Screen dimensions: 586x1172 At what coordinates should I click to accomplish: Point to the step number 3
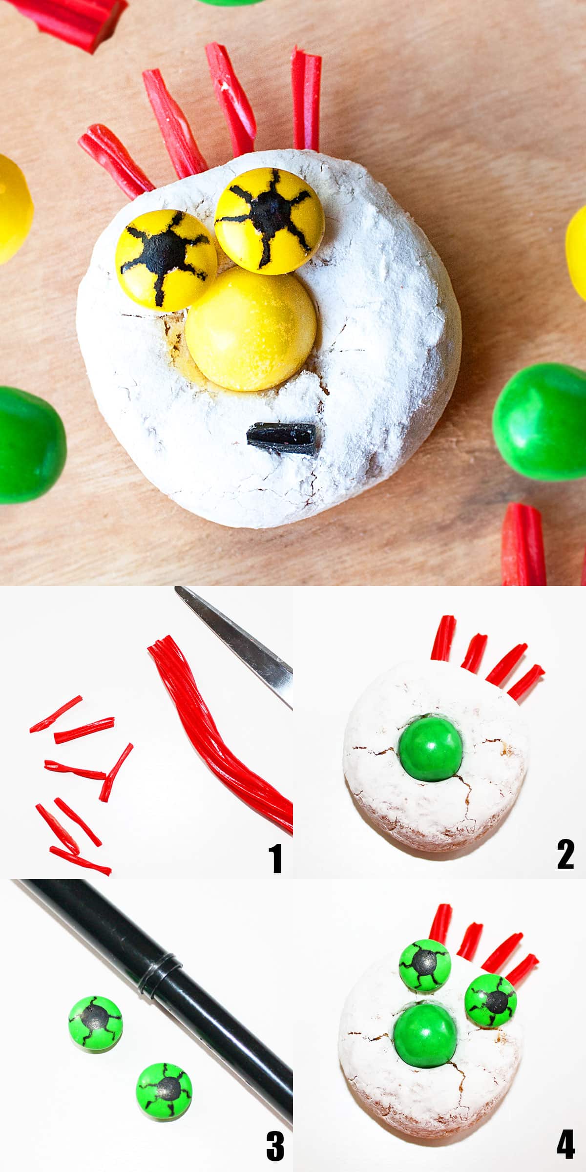pos(275,1147)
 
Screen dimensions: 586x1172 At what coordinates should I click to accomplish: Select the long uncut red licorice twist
pos(220,732)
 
